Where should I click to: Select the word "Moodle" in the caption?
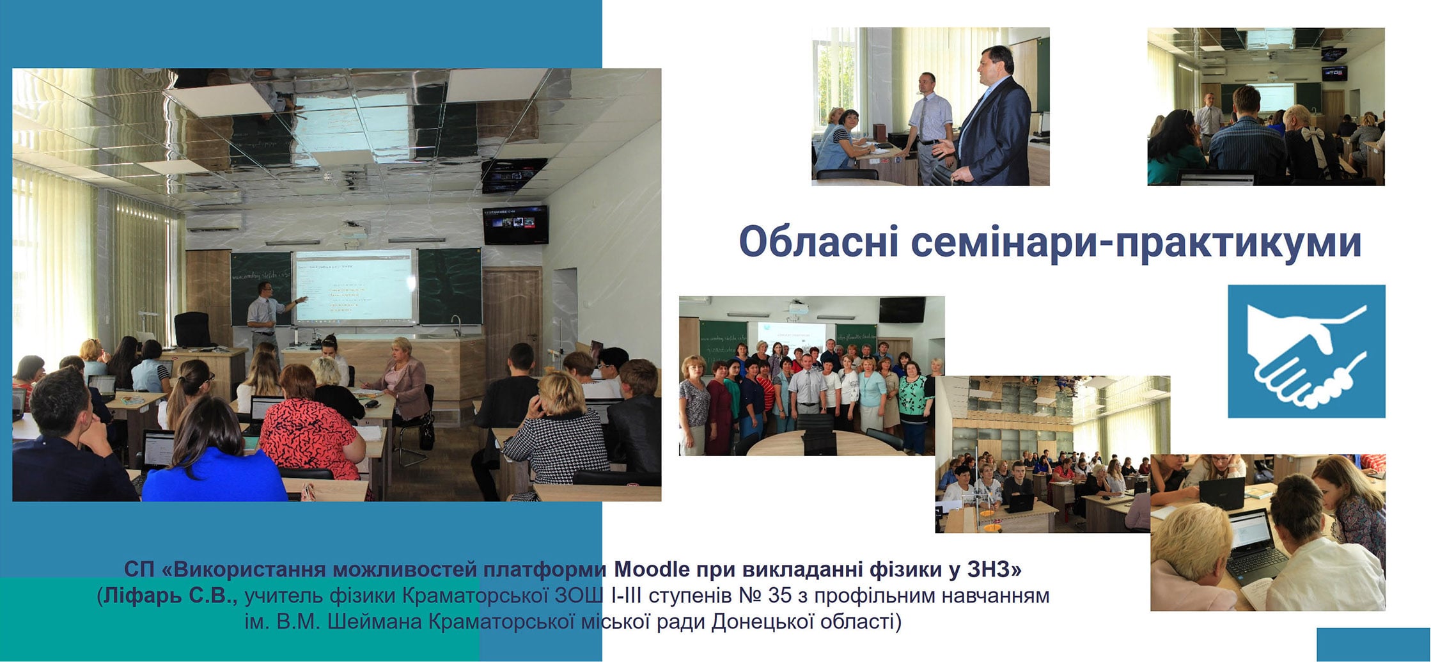653,569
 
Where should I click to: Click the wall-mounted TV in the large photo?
515,225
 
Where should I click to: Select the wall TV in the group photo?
902,310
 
